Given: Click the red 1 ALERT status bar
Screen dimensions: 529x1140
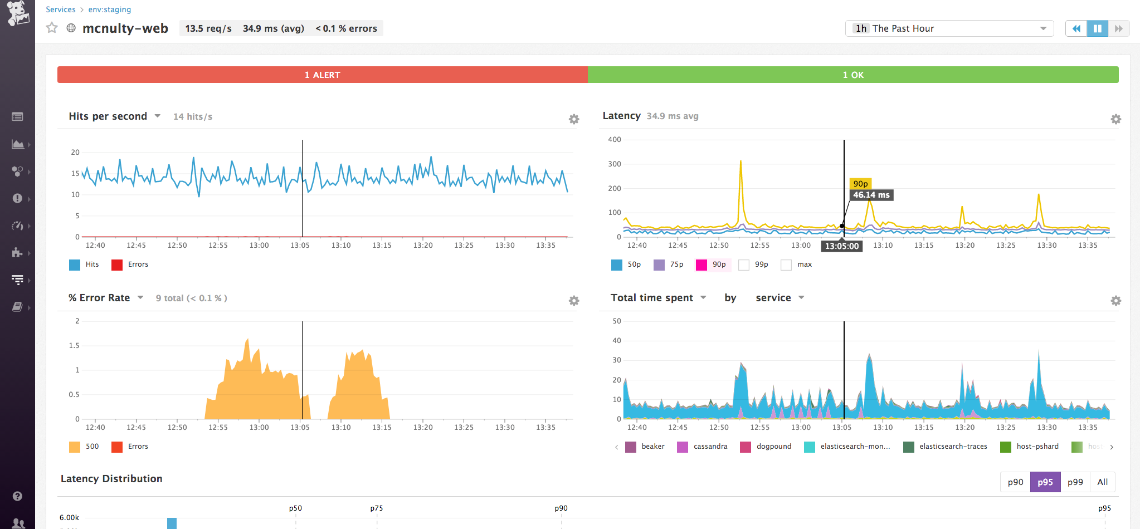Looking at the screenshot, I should [322, 75].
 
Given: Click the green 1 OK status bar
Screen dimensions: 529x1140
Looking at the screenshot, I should [852, 75].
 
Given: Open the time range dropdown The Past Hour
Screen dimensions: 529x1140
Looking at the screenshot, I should [949, 28].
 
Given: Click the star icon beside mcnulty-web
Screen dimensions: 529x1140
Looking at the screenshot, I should [52, 28].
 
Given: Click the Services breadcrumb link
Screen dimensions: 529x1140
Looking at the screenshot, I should [60, 9].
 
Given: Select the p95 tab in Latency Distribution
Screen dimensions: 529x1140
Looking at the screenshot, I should [1045, 482].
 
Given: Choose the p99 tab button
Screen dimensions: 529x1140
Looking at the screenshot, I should [1075, 482].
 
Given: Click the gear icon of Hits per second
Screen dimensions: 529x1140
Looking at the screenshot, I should [574, 119].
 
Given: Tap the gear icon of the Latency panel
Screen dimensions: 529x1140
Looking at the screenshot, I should [1115, 119].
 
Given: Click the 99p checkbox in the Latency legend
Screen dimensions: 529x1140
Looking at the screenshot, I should [744, 265].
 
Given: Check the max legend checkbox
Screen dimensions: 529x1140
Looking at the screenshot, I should [786, 265].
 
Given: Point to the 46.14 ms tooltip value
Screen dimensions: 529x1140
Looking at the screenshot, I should [871, 195].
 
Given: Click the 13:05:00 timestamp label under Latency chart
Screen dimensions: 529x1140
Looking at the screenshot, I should [841, 246].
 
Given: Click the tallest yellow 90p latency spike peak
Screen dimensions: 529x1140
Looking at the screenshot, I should [740, 162].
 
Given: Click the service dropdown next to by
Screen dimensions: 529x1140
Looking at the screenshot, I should [780, 298].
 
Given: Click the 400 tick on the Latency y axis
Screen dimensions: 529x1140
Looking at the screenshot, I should [614, 140].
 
